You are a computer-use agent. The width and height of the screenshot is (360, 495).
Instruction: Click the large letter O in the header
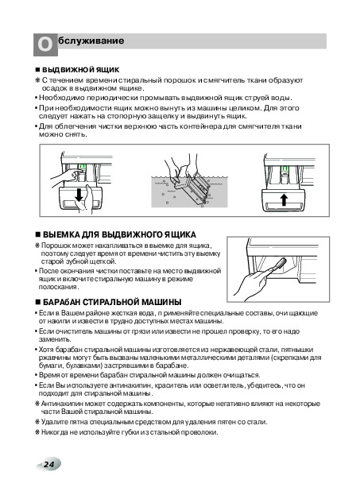click(x=45, y=44)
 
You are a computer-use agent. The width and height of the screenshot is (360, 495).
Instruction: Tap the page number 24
click(x=48, y=464)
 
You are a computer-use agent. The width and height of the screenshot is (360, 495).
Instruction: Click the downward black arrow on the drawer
click(x=79, y=195)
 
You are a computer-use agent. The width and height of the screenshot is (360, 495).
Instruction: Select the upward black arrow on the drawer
click(x=285, y=199)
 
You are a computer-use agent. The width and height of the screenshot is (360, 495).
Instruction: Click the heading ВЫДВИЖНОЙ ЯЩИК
click(x=81, y=69)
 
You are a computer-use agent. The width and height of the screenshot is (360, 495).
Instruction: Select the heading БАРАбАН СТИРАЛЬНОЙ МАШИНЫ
click(x=112, y=302)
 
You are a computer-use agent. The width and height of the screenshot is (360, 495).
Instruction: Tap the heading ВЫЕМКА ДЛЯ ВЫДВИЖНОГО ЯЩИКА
click(x=119, y=234)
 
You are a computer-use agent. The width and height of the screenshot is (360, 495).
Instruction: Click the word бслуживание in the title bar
click(x=91, y=41)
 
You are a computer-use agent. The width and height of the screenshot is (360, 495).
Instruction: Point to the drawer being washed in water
click(x=191, y=188)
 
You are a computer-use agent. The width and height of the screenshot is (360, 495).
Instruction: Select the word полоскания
click(x=59, y=287)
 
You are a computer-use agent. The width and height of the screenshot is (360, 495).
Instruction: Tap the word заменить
click(x=55, y=339)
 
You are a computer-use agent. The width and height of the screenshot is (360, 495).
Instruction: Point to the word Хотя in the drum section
click(x=46, y=350)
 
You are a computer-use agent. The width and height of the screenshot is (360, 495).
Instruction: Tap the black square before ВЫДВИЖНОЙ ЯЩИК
click(x=38, y=70)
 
